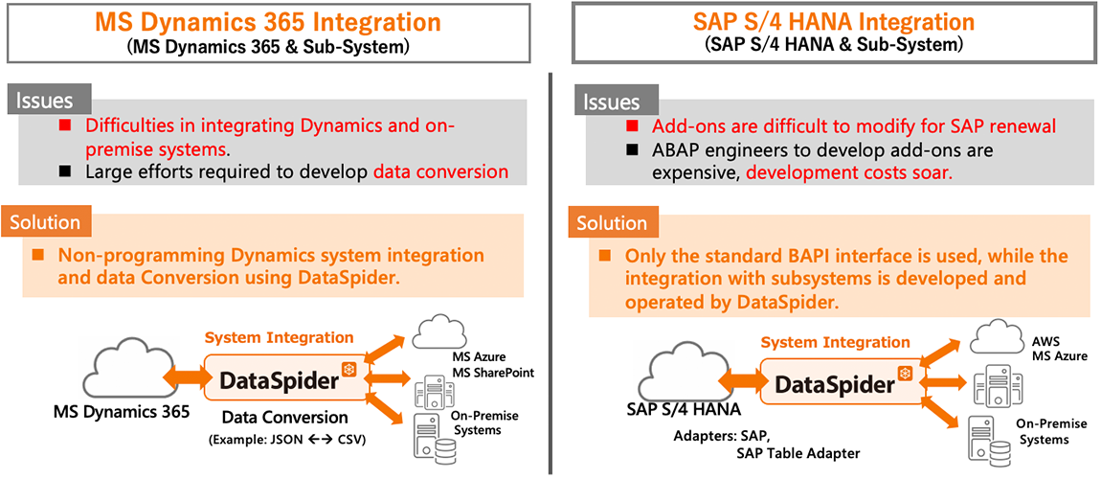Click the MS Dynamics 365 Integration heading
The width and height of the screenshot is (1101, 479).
coord(267,21)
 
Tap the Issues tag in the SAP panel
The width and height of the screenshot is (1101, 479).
coord(611,101)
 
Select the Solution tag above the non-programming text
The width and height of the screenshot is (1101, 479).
coord(45,222)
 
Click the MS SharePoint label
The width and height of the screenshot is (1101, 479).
coord(493,372)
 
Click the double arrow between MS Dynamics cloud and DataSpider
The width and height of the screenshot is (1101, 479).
coord(185,375)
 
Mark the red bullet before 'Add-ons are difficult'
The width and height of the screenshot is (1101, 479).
coord(631,126)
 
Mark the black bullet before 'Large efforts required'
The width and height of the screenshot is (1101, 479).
coord(65,172)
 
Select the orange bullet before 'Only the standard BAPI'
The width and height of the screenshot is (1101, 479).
coord(604,257)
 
